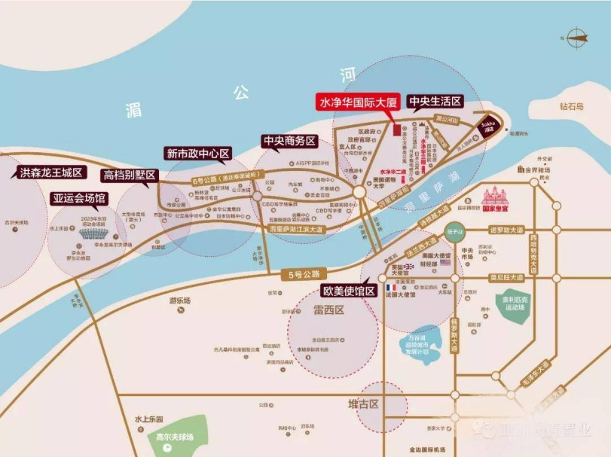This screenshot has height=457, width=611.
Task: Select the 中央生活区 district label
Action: click(435, 102)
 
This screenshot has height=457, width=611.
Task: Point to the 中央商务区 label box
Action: click(289, 141)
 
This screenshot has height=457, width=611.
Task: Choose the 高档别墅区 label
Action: click(129, 175)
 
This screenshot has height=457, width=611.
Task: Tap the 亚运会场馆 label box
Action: click(79, 199)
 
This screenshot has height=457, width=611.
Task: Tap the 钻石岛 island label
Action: click(571, 106)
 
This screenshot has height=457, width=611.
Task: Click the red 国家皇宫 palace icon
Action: click(496, 196)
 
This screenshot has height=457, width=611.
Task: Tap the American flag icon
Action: click(445, 262)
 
